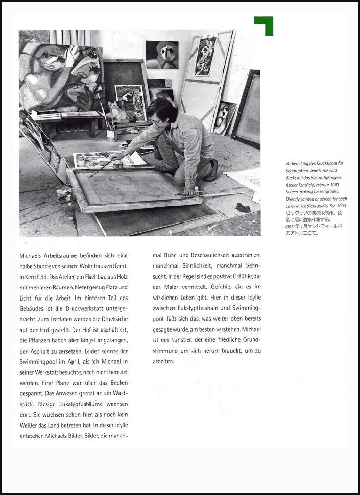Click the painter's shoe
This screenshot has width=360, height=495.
212,170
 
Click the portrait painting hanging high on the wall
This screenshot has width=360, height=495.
161,55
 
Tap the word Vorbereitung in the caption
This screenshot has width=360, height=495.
299,163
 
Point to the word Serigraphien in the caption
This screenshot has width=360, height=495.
299,170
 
